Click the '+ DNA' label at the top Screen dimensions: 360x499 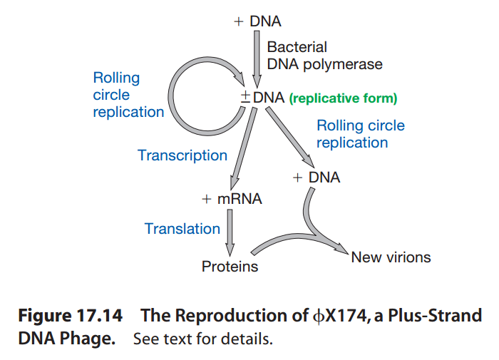[257, 21]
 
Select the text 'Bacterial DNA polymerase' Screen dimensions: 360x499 [324, 56]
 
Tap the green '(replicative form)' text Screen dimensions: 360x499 [343, 99]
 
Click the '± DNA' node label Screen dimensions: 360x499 [262, 98]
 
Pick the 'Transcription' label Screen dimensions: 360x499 [182, 155]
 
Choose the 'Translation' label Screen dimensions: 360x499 [182, 229]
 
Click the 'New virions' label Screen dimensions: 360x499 [391, 257]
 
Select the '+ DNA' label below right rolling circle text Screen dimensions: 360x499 [316, 178]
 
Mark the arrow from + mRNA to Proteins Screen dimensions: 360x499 [230, 232]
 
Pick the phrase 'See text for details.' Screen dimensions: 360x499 [202, 338]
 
